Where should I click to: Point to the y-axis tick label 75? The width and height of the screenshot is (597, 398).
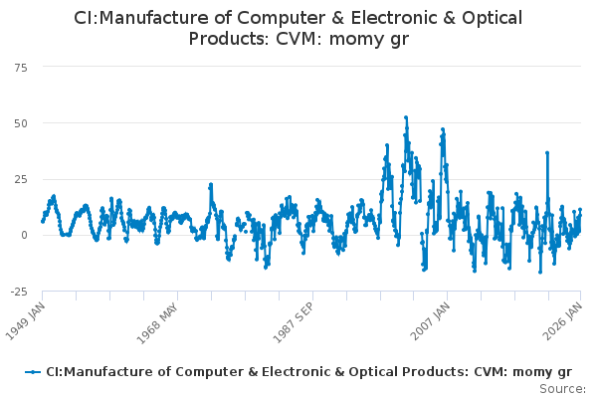point(19,67)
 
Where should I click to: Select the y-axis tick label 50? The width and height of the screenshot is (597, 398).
point(19,122)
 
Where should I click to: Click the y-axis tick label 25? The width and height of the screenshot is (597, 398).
point(19,179)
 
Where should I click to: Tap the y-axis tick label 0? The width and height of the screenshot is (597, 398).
point(23,235)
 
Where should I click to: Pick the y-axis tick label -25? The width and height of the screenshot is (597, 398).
point(17,291)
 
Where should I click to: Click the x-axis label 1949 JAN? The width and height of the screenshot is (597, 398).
point(24,319)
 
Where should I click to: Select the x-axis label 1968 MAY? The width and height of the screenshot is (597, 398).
point(157,319)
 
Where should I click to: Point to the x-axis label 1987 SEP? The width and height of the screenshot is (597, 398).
point(292,319)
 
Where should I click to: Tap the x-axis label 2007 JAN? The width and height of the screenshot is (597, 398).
point(427,319)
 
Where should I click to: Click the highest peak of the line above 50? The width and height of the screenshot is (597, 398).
point(406,116)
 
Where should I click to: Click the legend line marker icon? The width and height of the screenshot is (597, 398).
point(34,371)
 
